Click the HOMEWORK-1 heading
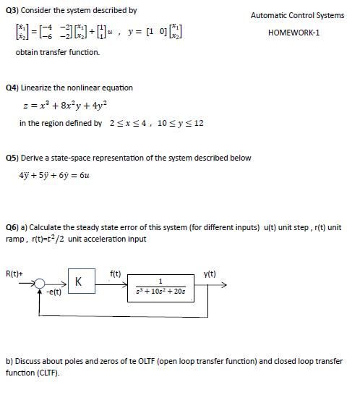click(x=296, y=33)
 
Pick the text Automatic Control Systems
click(x=297, y=15)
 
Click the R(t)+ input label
click(x=14, y=273)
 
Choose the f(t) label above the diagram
click(x=116, y=273)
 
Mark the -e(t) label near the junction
click(x=55, y=293)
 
